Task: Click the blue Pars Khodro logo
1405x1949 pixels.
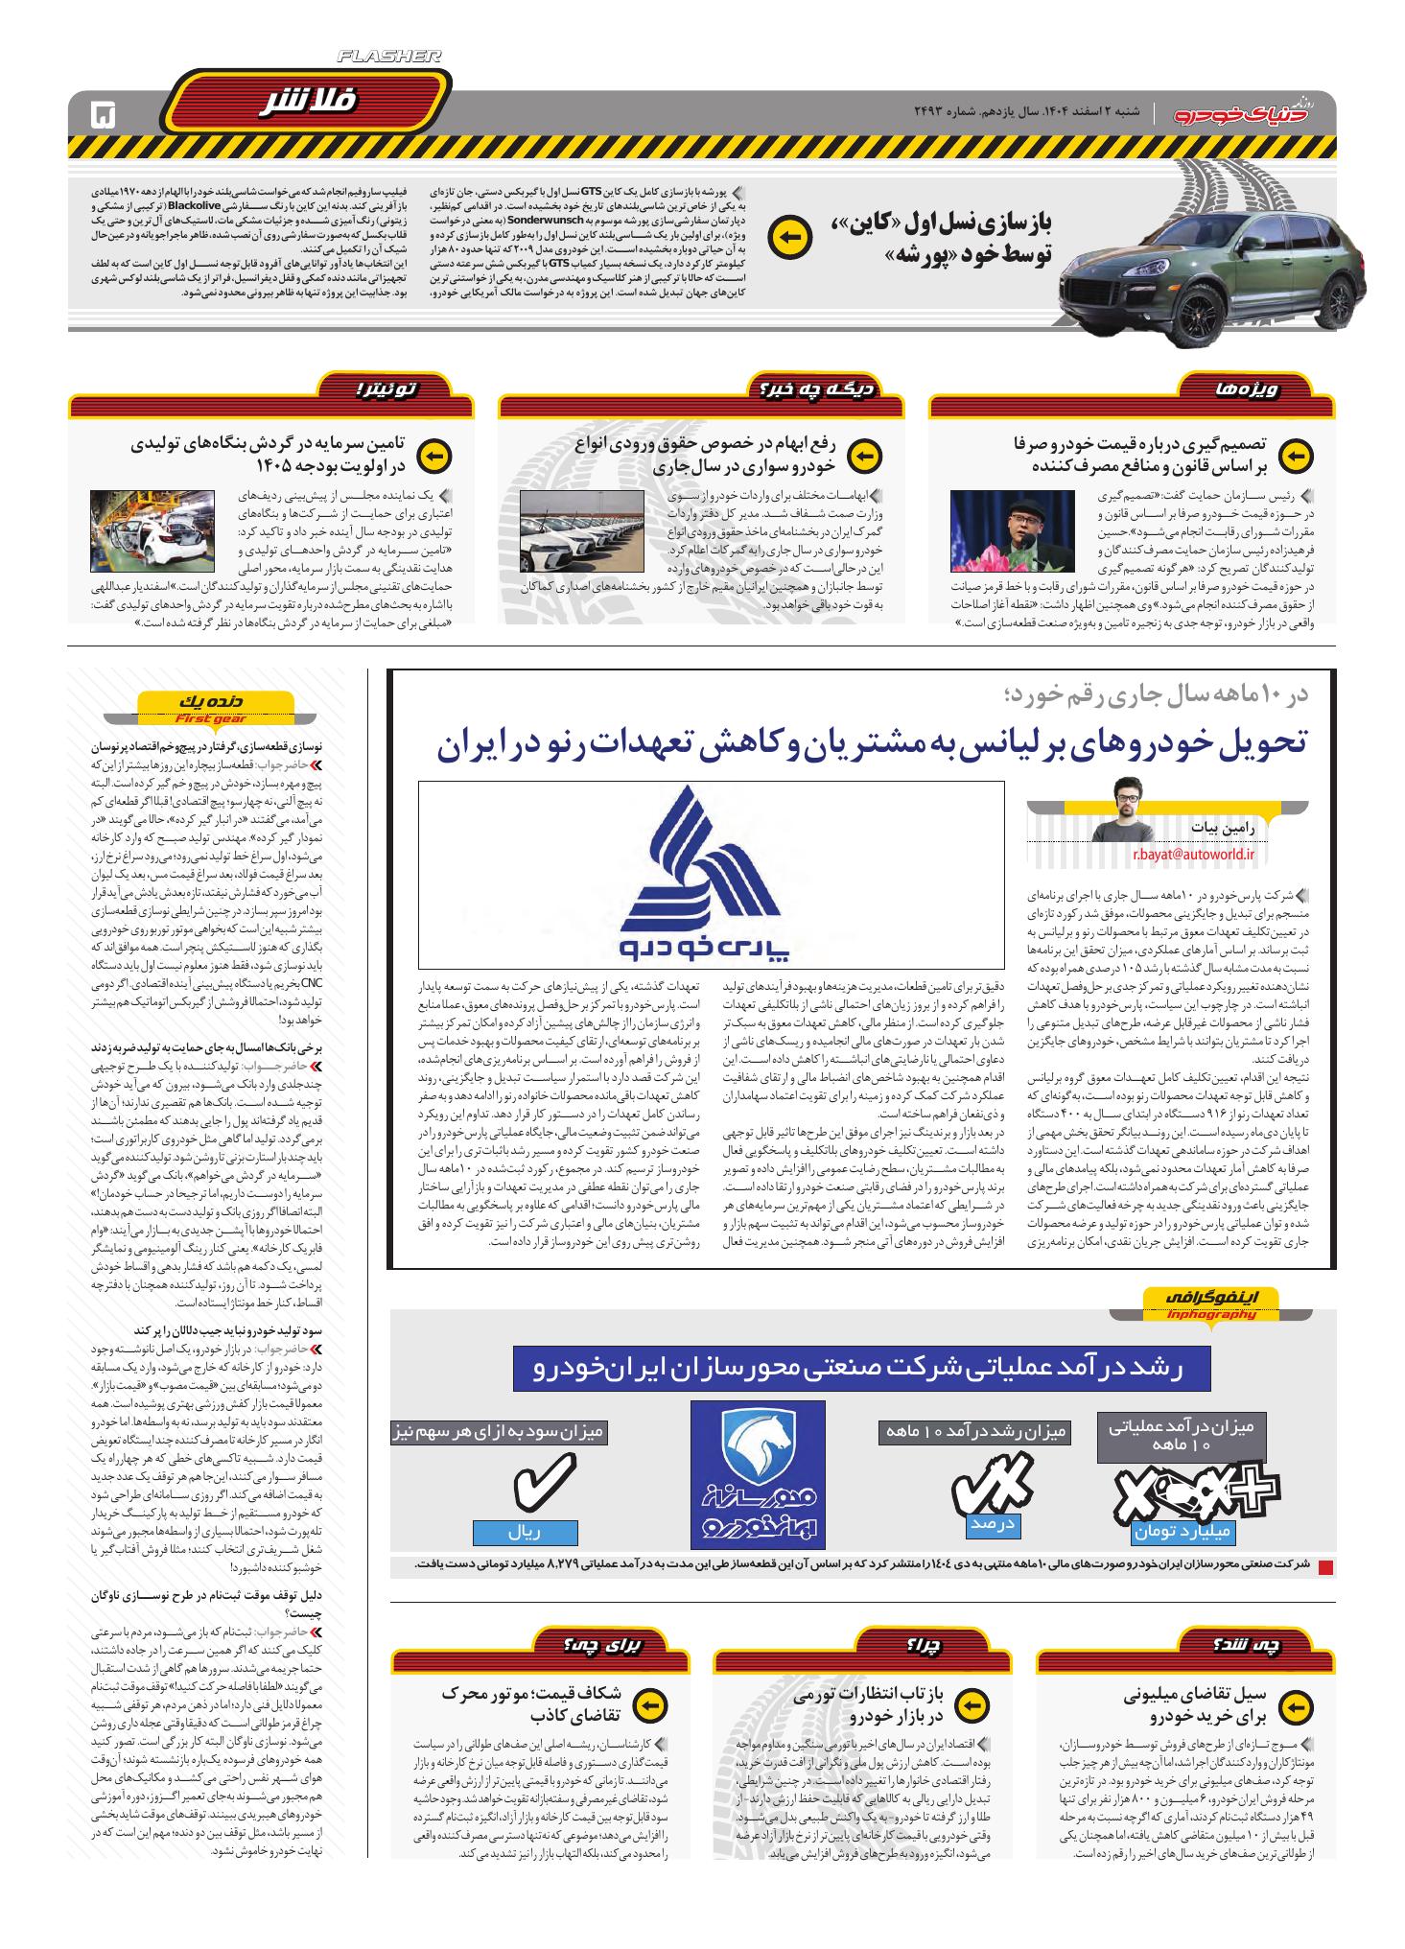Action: (x=711, y=872)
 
